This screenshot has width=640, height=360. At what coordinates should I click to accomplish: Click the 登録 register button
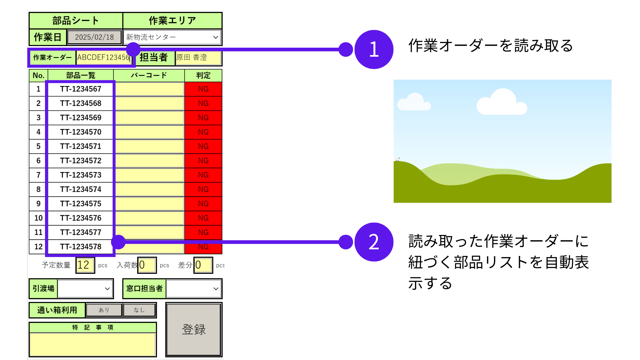coord(194,329)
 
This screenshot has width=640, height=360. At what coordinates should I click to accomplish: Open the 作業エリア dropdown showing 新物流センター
coord(172,37)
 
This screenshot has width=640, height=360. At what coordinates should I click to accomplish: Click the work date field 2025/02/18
coord(94,37)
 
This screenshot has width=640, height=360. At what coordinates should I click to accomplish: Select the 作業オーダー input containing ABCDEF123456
coord(103,57)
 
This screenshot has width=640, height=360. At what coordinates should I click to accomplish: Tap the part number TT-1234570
coord(81,132)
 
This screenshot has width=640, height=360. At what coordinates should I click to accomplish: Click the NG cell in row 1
coord(203,89)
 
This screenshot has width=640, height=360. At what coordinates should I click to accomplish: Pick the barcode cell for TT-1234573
coord(149,175)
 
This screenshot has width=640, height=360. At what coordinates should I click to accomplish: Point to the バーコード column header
coord(149,75)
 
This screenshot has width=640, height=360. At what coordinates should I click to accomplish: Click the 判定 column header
coord(203,75)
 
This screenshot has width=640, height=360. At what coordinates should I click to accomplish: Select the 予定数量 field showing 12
coord(85,265)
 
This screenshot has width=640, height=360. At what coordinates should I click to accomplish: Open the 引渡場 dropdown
coord(85,289)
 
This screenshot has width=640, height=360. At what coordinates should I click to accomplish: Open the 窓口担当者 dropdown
coord(193,289)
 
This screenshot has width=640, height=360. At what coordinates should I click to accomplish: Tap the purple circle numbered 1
coord(374,49)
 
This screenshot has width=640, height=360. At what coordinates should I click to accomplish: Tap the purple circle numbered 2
coord(374,242)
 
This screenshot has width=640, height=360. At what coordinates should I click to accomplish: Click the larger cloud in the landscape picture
coord(502,103)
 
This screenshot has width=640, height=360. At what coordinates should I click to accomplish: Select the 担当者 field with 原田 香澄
coord(198,57)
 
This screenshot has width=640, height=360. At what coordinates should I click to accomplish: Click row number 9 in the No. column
coord(38,204)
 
